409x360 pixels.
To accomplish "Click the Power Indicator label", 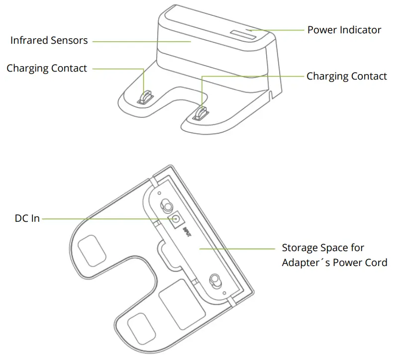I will point(344,30).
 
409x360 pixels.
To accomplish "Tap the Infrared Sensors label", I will point(49,41).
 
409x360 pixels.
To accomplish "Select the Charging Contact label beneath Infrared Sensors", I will point(47,69).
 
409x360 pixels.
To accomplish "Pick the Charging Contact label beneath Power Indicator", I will point(346,76).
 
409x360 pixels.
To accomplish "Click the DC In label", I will point(27,218).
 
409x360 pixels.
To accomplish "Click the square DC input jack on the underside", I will point(176,220).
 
